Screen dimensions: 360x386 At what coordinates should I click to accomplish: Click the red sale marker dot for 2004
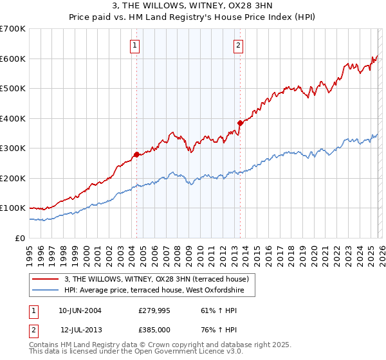coord(136,154)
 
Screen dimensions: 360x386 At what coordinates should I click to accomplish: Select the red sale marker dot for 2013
coord(240,123)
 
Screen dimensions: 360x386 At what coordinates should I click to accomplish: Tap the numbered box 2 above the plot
coord(239,45)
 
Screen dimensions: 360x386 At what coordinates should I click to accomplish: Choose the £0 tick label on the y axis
coord(19,238)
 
